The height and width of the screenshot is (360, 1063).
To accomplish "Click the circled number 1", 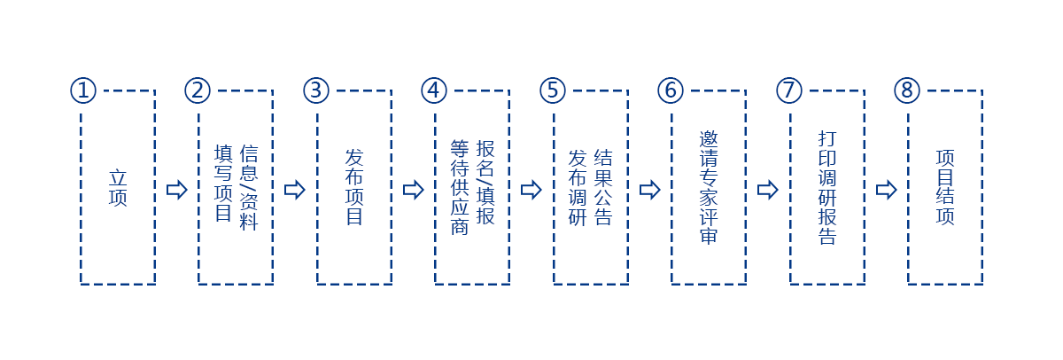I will tap(82, 90).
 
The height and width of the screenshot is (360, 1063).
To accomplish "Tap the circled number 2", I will tap(198, 90).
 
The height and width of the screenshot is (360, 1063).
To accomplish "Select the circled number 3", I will tap(316, 90).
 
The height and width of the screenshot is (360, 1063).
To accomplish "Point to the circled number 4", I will tap(434, 90).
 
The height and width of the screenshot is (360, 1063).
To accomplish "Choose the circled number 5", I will tap(553, 90).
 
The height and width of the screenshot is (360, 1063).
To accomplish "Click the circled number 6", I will tap(671, 90).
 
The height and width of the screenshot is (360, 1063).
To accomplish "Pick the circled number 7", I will tap(789, 90).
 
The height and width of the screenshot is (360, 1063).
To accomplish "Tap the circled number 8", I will tap(907, 90).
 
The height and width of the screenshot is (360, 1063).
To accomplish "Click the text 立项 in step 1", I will tap(118, 187).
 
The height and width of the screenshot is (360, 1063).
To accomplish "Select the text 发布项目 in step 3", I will tap(354, 187).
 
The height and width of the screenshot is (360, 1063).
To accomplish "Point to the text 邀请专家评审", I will tap(709, 187).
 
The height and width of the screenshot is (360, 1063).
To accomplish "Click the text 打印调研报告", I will tap(827, 187).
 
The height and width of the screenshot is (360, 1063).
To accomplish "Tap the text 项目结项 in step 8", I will tap(945, 187).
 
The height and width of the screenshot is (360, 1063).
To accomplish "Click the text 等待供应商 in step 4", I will tap(460, 187).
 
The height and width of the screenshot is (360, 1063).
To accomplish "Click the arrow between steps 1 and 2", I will tap(177, 190).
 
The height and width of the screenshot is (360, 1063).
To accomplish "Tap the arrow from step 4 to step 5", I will tap(531, 190).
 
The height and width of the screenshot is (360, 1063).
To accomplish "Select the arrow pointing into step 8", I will tap(887, 190).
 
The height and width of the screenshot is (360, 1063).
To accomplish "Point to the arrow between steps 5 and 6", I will tap(650, 190).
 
